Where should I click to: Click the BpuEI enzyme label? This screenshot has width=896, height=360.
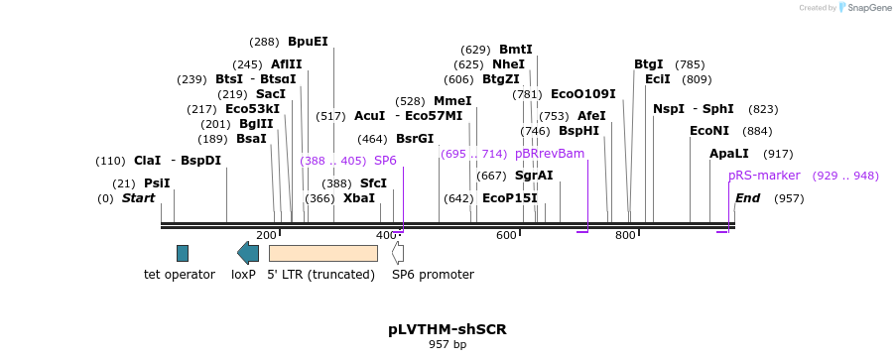click(308, 42)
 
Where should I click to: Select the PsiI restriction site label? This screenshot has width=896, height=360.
click(157, 183)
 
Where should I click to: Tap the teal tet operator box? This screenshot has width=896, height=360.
click(183, 253)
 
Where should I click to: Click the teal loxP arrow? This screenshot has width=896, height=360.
click(248, 253)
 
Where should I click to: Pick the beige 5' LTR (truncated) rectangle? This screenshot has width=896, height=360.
click(323, 253)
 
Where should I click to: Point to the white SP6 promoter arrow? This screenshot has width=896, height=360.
click(398, 253)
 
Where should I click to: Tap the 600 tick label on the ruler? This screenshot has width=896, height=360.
click(506, 235)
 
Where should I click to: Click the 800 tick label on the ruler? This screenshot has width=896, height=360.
click(626, 235)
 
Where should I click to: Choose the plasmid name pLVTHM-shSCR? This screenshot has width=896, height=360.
click(448, 329)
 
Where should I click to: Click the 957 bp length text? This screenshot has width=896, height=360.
click(448, 344)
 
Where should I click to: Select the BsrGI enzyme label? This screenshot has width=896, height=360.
click(415, 139)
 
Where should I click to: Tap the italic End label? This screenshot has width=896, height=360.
click(747, 198)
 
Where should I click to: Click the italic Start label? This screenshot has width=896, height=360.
click(138, 198)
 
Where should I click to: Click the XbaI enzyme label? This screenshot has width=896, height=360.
click(359, 198)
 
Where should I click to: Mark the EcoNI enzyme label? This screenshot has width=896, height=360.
click(709, 131)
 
